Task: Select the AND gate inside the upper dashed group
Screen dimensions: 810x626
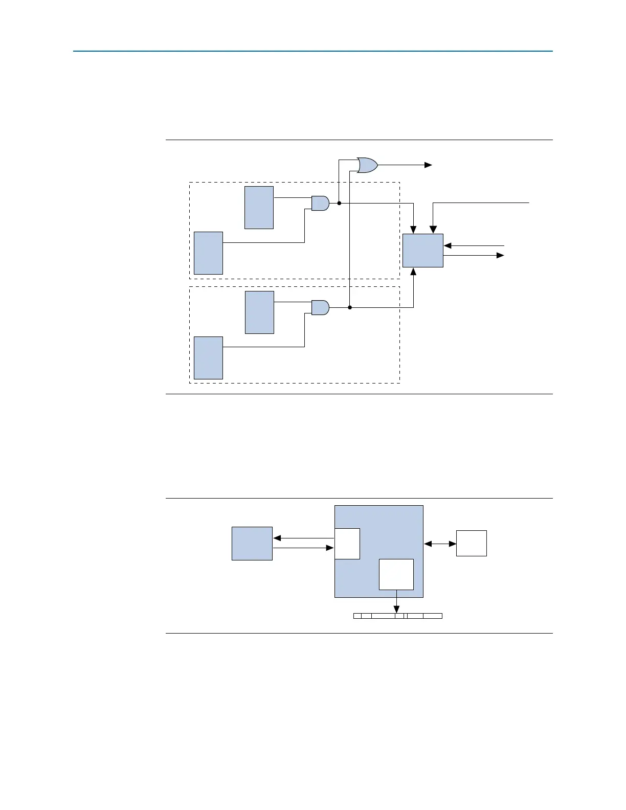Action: pos(320,203)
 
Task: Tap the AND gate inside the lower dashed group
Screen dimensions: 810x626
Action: pos(320,307)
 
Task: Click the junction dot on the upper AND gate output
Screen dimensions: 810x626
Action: pos(339,203)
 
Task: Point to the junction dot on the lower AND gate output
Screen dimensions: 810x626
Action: pos(350,307)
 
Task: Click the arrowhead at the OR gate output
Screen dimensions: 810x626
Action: pos(429,165)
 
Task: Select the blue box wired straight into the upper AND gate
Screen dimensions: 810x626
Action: pos(259,208)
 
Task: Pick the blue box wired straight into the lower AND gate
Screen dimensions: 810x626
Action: pos(259,312)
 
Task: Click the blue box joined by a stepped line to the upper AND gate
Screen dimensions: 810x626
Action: pos(208,253)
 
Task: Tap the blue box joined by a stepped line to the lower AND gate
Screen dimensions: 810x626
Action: pos(208,358)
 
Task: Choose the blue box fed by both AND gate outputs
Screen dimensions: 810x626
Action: pos(422,251)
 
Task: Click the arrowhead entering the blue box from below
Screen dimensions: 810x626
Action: pos(413,271)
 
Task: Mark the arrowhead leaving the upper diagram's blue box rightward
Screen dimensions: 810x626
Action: pos(501,255)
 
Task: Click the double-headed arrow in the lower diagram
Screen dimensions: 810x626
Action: pos(440,544)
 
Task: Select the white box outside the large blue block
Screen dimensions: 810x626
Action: pos(471,543)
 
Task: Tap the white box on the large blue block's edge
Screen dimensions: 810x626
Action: pos(347,544)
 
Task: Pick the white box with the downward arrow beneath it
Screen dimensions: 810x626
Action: pos(396,574)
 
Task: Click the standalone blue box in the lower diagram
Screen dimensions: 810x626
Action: pos(252,544)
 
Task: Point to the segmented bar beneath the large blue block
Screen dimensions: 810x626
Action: pos(397,616)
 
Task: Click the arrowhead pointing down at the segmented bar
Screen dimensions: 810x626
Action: pos(396,610)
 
